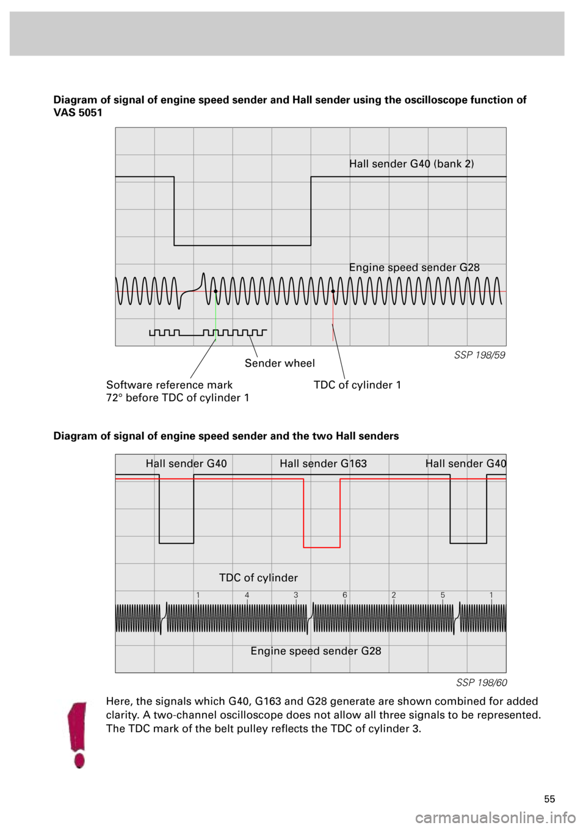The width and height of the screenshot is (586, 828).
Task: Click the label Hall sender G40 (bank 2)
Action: pos(411,163)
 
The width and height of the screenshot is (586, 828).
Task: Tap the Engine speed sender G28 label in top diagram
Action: pos(414,267)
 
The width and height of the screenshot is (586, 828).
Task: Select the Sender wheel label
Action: pos(280,363)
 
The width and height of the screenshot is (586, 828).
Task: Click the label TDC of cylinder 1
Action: pos(357,385)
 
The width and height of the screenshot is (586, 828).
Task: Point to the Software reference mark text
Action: pos(169,385)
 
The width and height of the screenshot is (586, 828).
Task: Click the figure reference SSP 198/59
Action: pos(479,355)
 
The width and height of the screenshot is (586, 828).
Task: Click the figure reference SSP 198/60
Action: pos(482,682)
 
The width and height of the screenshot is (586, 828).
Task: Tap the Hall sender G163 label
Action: pos(323,463)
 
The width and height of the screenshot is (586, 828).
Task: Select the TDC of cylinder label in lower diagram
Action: pos(258,577)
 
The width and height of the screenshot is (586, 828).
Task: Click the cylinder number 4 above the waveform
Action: pos(247,595)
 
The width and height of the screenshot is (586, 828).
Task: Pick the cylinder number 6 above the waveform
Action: pos(345,595)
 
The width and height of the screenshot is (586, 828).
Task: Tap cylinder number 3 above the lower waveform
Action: pos(296,595)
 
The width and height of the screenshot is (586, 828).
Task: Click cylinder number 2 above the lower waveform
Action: pos(394,595)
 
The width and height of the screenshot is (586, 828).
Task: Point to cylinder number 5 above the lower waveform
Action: pos(443,595)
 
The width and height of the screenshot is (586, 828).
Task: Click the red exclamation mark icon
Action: pos(77,735)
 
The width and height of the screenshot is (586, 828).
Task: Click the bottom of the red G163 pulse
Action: pos(322,547)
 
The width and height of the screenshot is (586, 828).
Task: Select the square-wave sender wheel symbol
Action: pos(208,333)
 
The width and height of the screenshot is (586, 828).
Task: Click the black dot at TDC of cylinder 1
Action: pos(333,291)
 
